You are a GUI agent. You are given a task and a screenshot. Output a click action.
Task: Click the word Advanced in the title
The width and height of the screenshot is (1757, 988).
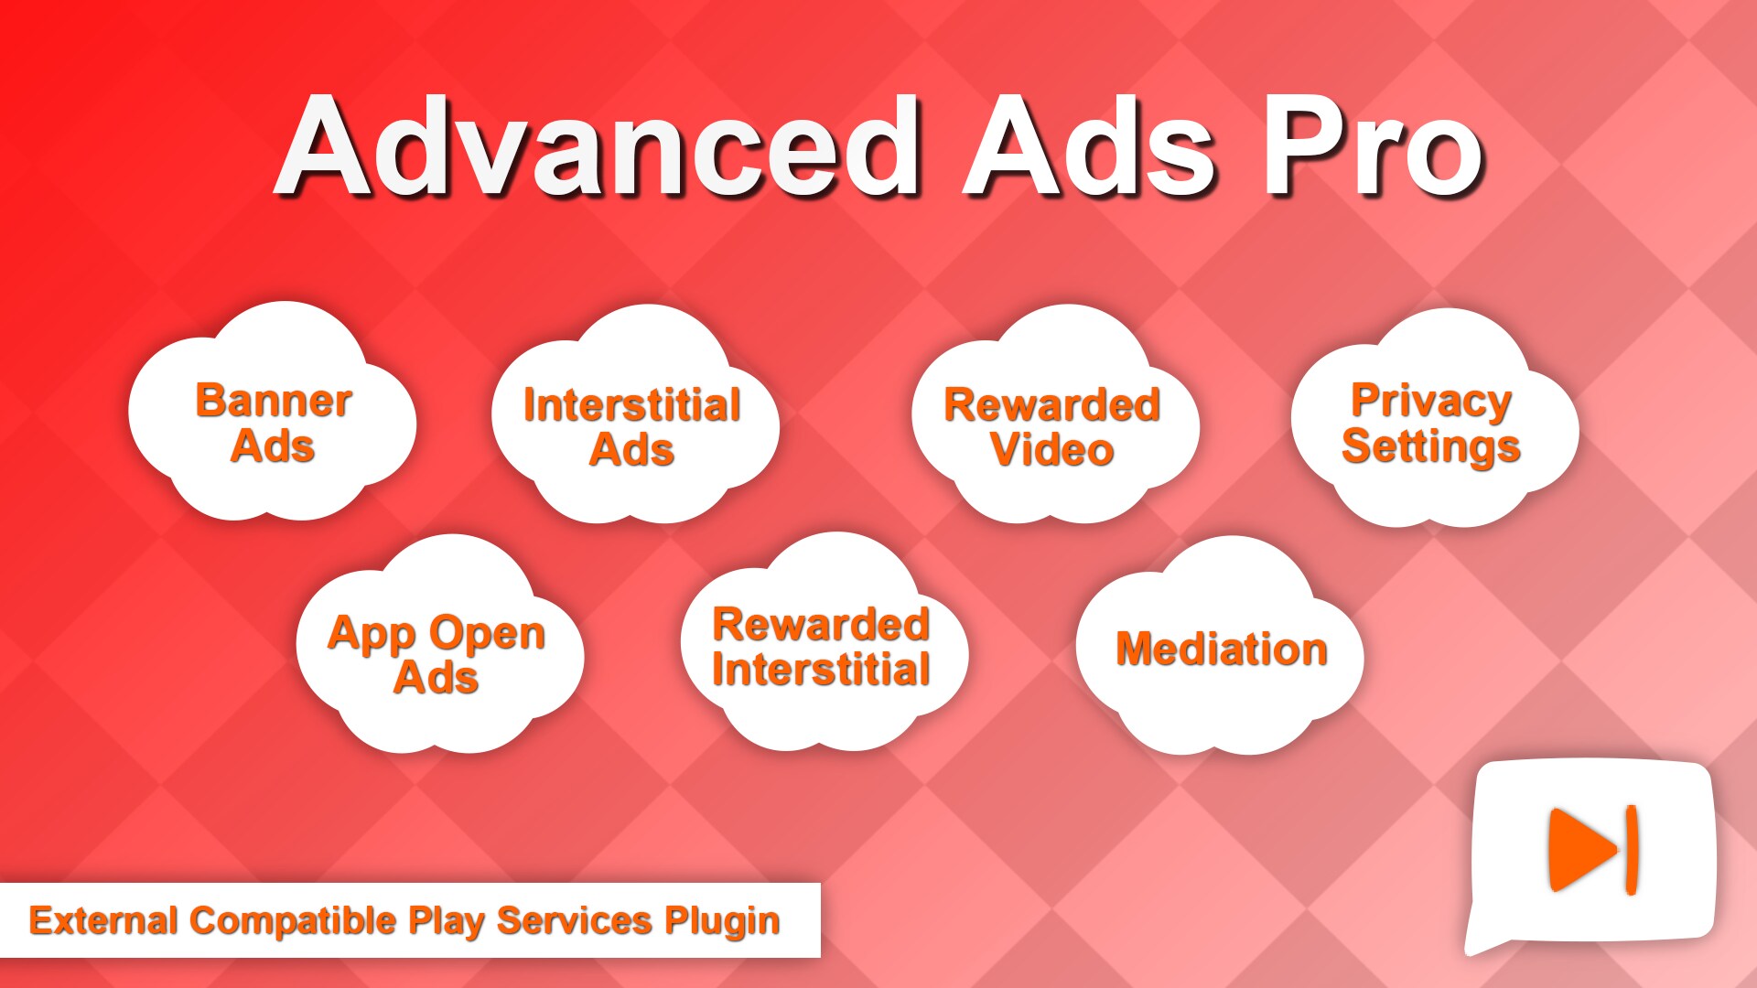[x=599, y=146]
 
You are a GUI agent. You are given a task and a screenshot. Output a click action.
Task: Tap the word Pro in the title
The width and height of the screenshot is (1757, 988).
[x=1373, y=146]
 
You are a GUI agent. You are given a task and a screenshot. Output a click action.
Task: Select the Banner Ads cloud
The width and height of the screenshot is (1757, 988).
[x=273, y=421]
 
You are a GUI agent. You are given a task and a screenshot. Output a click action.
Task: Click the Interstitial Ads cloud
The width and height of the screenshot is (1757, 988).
[x=633, y=425]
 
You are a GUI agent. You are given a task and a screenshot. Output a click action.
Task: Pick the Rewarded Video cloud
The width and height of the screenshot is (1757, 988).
[x=1052, y=425]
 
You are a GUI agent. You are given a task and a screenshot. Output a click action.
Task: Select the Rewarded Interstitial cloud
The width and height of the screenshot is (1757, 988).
[x=822, y=648]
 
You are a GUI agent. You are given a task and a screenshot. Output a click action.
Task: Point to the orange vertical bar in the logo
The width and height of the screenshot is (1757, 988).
[x=1631, y=849]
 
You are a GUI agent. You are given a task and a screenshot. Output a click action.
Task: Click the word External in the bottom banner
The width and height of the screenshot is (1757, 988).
[x=103, y=920]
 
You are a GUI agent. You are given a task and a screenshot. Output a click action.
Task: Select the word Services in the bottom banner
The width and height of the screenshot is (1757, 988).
[x=574, y=920]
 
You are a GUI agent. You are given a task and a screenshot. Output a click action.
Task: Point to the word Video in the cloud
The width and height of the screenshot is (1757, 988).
[x=1052, y=449]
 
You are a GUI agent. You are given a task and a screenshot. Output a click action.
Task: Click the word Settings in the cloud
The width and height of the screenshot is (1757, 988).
[x=1431, y=447]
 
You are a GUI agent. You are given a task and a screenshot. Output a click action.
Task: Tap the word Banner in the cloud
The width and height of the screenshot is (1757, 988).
[x=274, y=401]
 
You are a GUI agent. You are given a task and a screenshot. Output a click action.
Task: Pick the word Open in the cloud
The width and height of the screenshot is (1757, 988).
[x=487, y=634]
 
